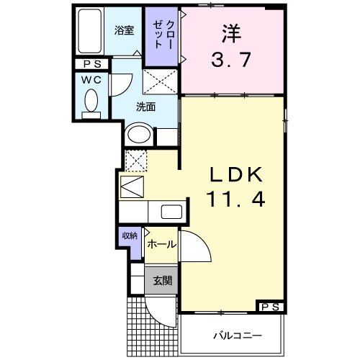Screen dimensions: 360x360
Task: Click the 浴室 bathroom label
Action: (125, 31)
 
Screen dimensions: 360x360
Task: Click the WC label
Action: (90, 80)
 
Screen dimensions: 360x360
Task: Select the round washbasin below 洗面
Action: (140, 135)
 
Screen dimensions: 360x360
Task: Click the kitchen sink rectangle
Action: (171, 212)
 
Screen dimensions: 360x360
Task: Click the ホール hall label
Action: (159, 245)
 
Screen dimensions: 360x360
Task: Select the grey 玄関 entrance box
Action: (161, 280)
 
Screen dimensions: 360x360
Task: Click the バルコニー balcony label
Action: (236, 336)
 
